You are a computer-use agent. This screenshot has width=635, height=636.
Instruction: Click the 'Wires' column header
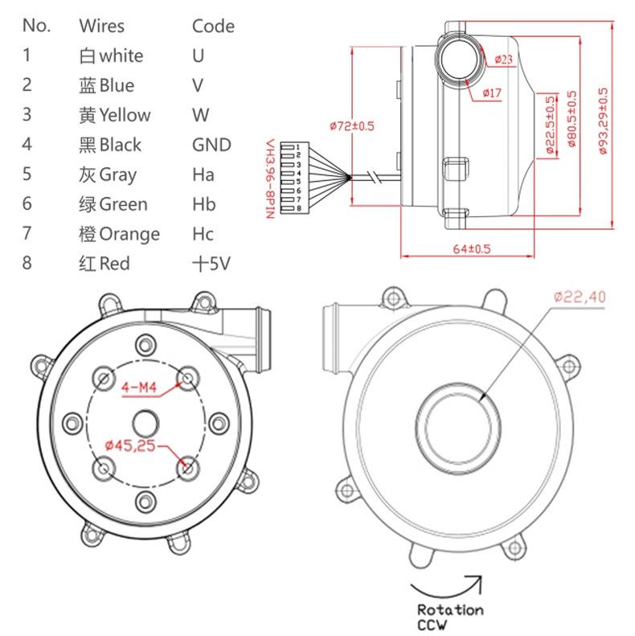click(x=101, y=26)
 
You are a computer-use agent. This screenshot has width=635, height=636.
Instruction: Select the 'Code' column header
click(x=213, y=26)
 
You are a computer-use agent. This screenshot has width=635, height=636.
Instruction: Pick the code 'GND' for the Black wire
click(x=211, y=145)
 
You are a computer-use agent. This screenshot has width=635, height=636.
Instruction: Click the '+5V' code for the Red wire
click(x=211, y=264)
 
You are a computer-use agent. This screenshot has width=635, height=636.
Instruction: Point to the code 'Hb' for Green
click(x=204, y=204)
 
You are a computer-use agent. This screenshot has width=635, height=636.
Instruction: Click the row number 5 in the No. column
click(x=27, y=174)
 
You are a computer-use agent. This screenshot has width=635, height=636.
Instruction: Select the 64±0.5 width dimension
click(x=471, y=249)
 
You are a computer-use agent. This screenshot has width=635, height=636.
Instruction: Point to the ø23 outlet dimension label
click(x=504, y=59)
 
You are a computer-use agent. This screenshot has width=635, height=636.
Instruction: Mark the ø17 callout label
click(x=492, y=93)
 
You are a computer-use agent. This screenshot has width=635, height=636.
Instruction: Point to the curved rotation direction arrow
click(x=446, y=585)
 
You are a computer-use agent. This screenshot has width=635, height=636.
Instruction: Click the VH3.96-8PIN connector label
click(x=271, y=178)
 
